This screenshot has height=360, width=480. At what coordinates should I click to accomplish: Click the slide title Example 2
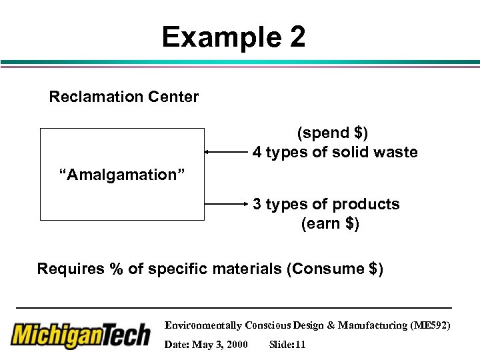(233, 37)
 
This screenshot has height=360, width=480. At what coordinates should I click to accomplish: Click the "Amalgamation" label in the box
(123, 175)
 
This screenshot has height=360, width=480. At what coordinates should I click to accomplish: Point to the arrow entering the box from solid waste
(226, 152)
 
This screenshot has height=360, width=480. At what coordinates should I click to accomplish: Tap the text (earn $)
(330, 224)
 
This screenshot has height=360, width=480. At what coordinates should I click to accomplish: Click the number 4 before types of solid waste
(257, 153)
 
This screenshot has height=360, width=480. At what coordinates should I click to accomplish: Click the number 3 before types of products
(257, 204)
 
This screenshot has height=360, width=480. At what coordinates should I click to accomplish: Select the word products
(369, 204)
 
